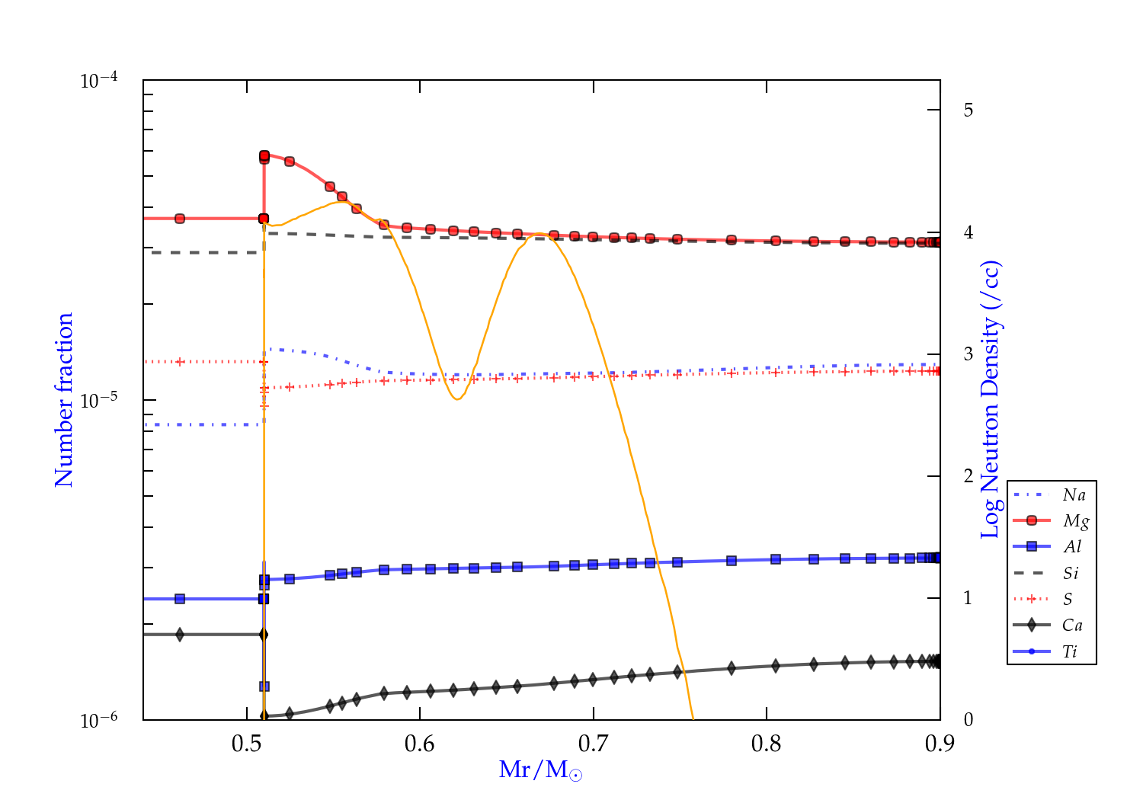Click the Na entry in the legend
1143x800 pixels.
pyautogui.click(x=1074, y=495)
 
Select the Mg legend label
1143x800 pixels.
pyautogui.click(x=1075, y=521)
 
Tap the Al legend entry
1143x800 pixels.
pyautogui.click(x=1072, y=547)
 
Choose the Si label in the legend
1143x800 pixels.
pyautogui.click(x=1071, y=573)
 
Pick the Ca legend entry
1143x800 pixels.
pyautogui.click(x=1072, y=626)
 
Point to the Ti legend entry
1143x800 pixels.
pyautogui.click(x=1070, y=651)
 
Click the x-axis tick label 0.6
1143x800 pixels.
pyautogui.click(x=420, y=744)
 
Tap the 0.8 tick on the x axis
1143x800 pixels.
pyautogui.click(x=767, y=744)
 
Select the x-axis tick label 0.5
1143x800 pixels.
pyautogui.click(x=247, y=744)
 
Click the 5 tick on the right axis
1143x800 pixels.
pyautogui.click(x=968, y=110)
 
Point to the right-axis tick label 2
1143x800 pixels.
pyautogui.click(x=968, y=476)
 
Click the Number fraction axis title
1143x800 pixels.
pyautogui.click(x=64, y=400)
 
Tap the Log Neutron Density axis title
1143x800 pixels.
pyautogui.click(x=991, y=400)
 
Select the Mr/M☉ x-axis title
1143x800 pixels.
pyautogui.click(x=540, y=770)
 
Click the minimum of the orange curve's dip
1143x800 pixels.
pyautogui.click(x=456, y=399)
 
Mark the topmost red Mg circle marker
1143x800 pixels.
pyautogui.click(x=264, y=155)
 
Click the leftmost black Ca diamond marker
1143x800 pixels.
pyautogui.click(x=180, y=635)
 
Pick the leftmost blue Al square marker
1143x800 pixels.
pyautogui.click(x=180, y=599)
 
